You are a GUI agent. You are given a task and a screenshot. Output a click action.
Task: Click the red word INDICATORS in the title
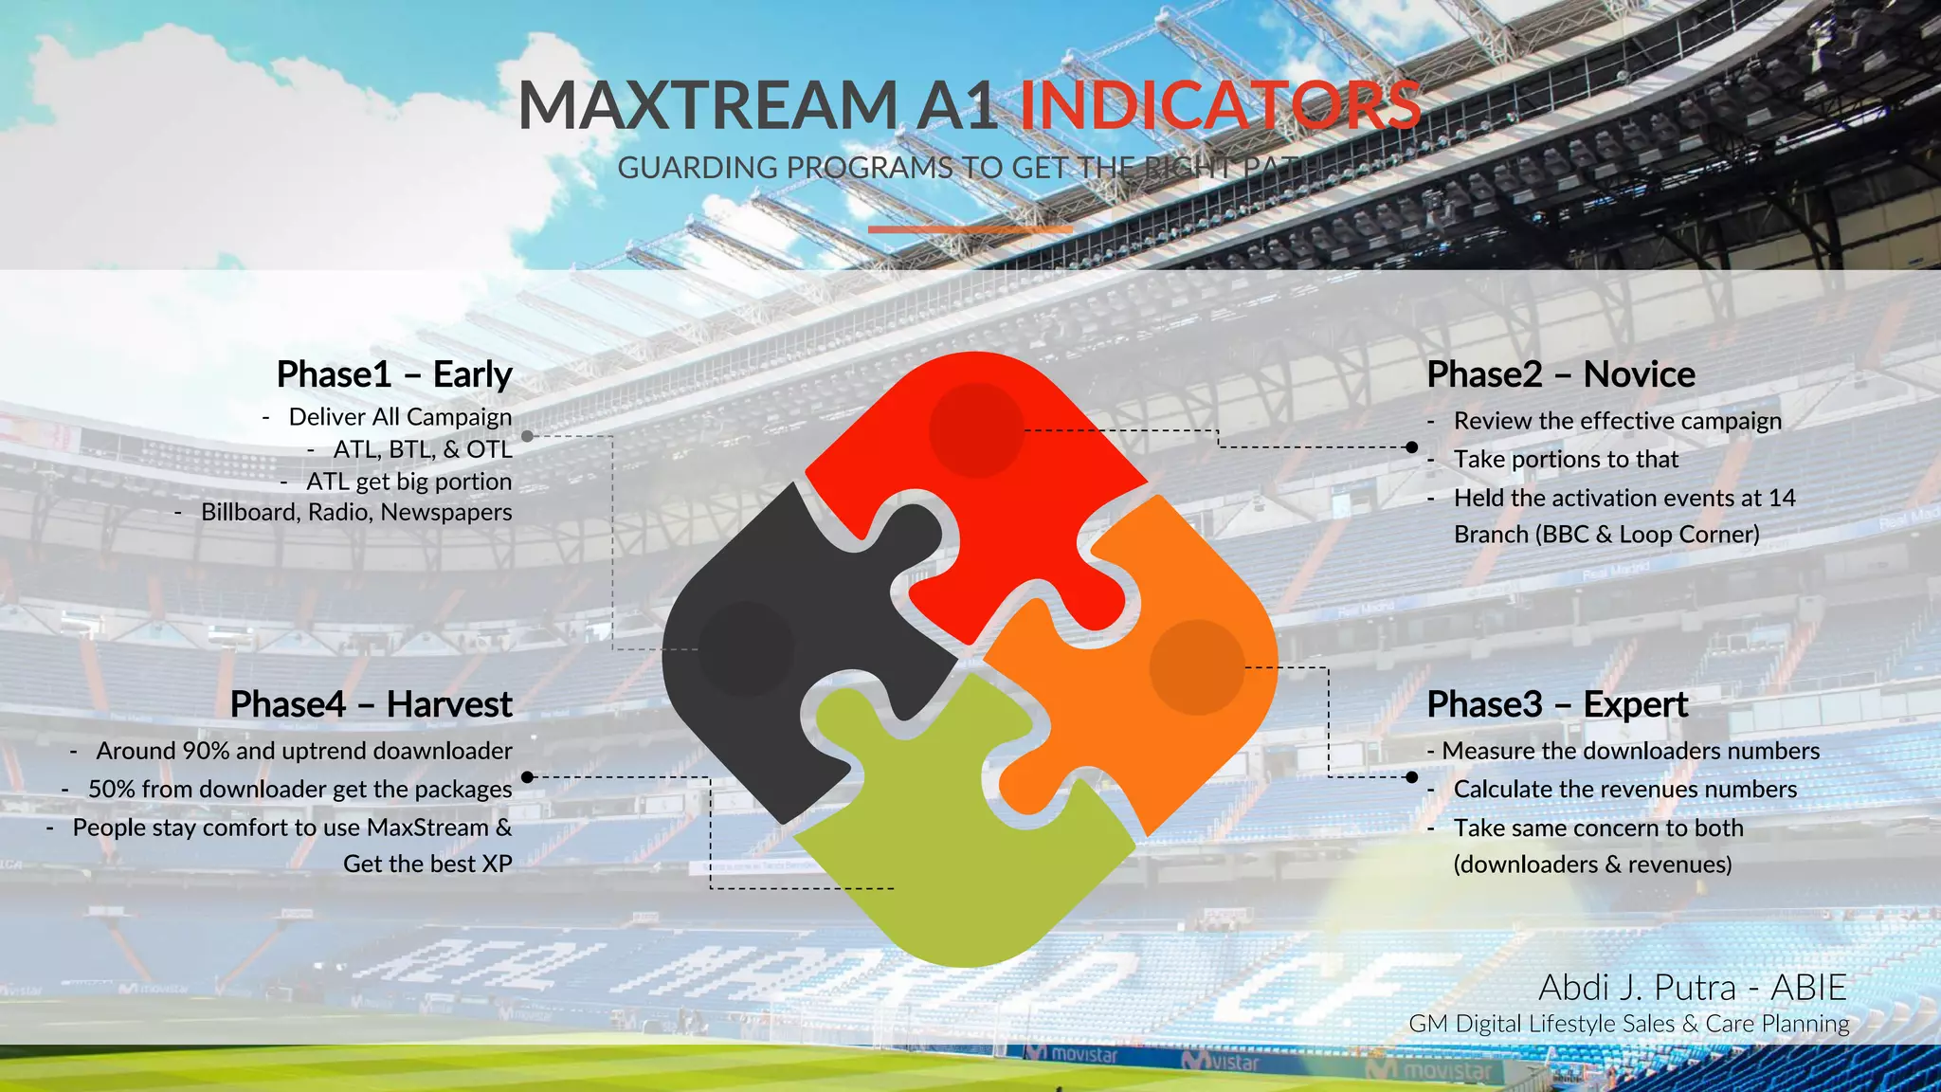click(x=1220, y=105)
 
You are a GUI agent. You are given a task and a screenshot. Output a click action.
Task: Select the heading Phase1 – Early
click(x=394, y=374)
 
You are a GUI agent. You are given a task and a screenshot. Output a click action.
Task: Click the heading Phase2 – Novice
click(x=1561, y=374)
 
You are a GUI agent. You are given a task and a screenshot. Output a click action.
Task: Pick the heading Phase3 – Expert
click(x=1557, y=704)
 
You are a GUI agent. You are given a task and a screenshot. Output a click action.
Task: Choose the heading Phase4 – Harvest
click(x=371, y=704)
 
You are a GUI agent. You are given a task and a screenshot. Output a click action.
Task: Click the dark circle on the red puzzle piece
click(x=976, y=429)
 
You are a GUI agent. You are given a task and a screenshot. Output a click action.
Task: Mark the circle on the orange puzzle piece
click(x=1197, y=666)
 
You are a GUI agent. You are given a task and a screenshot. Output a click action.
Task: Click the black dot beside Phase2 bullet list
click(x=1412, y=446)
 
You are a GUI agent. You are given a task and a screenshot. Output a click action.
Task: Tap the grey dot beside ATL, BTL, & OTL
click(x=528, y=436)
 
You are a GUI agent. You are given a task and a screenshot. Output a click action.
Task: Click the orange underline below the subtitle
click(x=970, y=229)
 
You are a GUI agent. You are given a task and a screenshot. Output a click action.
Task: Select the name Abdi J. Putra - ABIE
click(x=1693, y=988)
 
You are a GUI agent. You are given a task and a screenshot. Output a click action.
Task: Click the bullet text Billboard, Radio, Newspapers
click(x=356, y=512)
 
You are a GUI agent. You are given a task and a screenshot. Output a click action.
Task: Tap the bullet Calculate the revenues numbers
click(x=1624, y=789)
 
